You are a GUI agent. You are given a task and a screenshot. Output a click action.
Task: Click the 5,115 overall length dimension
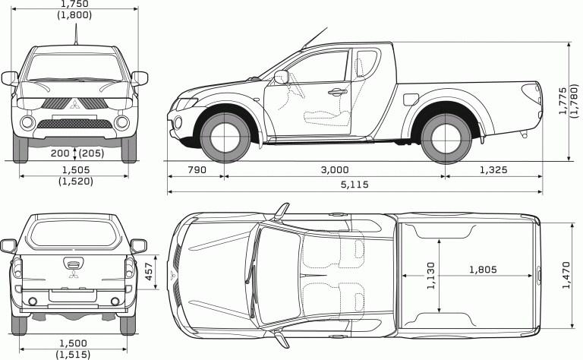pos(355,185)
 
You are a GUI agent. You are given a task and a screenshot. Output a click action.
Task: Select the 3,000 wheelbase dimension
pos(334,170)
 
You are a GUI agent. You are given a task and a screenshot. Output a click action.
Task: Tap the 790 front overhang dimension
pos(196,170)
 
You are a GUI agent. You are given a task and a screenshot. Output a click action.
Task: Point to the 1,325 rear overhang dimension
pos(493,170)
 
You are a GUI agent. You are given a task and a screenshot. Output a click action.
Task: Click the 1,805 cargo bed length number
pos(483,269)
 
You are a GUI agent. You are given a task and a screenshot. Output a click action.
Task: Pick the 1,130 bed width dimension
pos(431,276)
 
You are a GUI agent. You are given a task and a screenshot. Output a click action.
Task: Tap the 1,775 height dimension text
pos(563,99)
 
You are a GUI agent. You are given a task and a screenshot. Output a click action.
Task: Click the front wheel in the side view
pos(224,136)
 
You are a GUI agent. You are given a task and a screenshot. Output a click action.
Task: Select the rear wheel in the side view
pos(445,137)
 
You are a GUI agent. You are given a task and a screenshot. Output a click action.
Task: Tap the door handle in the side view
pos(335,93)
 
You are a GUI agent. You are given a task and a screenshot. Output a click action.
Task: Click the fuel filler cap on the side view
pos(410,99)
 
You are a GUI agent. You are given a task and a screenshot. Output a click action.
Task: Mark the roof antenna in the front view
pos(76,34)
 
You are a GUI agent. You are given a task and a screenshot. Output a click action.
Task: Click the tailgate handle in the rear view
pos(74,264)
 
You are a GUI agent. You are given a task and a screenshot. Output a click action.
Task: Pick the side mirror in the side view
pos(282,76)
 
